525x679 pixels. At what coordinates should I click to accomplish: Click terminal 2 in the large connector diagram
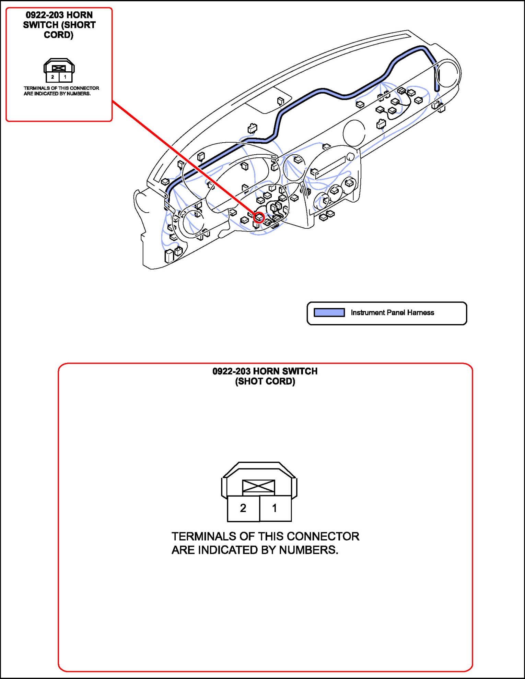243,508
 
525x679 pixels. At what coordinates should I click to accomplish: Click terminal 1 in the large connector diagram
275,508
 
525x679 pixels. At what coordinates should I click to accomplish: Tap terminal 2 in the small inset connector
52,77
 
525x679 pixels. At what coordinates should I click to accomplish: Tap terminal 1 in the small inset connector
65,77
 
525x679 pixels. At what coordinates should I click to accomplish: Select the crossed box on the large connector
258,486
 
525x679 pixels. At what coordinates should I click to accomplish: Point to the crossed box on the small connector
59,68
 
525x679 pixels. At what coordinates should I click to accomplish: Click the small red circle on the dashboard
259,217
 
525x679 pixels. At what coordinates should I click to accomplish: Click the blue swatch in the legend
329,312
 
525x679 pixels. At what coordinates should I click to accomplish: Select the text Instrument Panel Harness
392,312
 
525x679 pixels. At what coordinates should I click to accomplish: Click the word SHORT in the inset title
81,25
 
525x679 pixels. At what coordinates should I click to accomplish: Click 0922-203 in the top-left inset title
45,15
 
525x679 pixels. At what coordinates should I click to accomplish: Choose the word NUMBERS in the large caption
308,550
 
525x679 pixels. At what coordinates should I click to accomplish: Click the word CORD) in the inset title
59,35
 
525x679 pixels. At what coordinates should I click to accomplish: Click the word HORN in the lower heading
266,371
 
